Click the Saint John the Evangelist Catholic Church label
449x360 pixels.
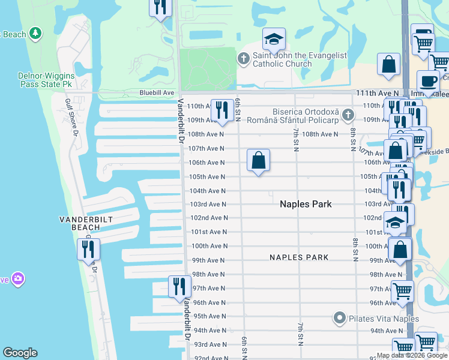coord(300,59)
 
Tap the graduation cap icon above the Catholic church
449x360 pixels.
coord(273,41)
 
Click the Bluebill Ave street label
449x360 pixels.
coord(157,93)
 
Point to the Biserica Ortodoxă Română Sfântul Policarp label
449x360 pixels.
coord(306,117)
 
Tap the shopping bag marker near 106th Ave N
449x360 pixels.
coord(258,160)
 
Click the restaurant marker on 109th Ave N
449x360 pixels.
coord(223,110)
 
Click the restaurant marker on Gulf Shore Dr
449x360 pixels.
coord(88,248)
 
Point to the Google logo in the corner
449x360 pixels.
coord(20,353)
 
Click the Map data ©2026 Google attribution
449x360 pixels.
coord(412,355)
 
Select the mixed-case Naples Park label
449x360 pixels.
coord(306,205)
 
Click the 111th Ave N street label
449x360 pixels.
coord(377,94)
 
